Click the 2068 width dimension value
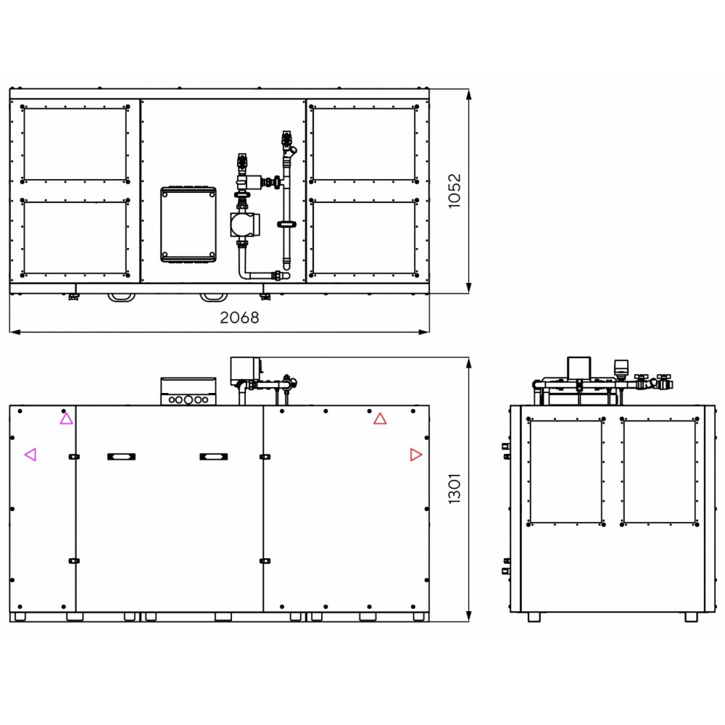pos(239,318)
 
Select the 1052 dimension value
pos(455,191)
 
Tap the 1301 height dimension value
pos(455,488)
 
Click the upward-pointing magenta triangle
pos(66,419)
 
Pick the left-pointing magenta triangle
pos(30,455)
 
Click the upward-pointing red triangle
pos(380,419)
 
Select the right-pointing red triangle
pos(415,455)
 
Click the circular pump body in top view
pos(242,225)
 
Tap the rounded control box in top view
pos(188,224)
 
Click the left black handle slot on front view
pos(121,457)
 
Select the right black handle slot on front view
pos(213,457)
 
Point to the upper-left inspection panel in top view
pos(75,144)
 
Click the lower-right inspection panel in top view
pos(364,238)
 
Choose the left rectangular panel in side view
pos(566,472)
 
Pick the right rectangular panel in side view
pos(659,472)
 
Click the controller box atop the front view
pos(188,391)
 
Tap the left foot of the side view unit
pos(534,617)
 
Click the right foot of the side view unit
pos(691,617)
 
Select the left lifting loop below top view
pos(122,297)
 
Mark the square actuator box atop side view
pos(579,368)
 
